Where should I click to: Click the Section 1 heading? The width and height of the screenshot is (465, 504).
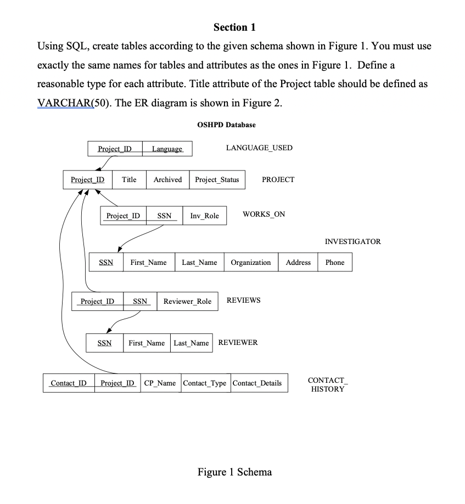pyautogui.click(x=234, y=27)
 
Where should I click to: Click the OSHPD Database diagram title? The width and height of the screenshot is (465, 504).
pyautogui.click(x=226, y=125)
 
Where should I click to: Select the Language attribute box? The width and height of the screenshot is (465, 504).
pyautogui.click(x=167, y=149)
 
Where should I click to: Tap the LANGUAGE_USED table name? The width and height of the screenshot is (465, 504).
pyautogui.click(x=259, y=148)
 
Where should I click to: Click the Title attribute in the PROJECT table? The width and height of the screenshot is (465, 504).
pyautogui.click(x=129, y=180)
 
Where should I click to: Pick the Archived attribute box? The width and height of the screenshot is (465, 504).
pyautogui.click(x=167, y=180)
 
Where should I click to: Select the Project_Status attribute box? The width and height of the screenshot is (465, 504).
pyautogui.click(x=217, y=180)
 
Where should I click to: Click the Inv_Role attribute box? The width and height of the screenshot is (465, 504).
pyautogui.click(x=204, y=216)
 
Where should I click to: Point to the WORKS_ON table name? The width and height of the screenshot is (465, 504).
pyautogui.click(x=264, y=214)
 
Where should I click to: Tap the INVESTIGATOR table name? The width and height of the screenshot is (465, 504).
pyautogui.click(x=352, y=241)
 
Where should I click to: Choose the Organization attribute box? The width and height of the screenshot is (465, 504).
pyautogui.click(x=251, y=263)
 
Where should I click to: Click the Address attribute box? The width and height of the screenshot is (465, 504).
pyautogui.click(x=298, y=263)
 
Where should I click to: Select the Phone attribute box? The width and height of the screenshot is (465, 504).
pyautogui.click(x=335, y=263)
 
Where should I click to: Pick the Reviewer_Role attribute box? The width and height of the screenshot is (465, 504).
pyautogui.click(x=188, y=302)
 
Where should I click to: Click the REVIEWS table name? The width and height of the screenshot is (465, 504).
pyautogui.click(x=243, y=301)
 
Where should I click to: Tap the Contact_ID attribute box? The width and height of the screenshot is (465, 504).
pyautogui.click(x=69, y=383)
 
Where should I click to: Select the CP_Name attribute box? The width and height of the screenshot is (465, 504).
pyautogui.click(x=160, y=383)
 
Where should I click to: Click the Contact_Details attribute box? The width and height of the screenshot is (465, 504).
pyautogui.click(x=257, y=383)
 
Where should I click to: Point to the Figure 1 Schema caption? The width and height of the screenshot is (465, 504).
pyautogui.click(x=234, y=472)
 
